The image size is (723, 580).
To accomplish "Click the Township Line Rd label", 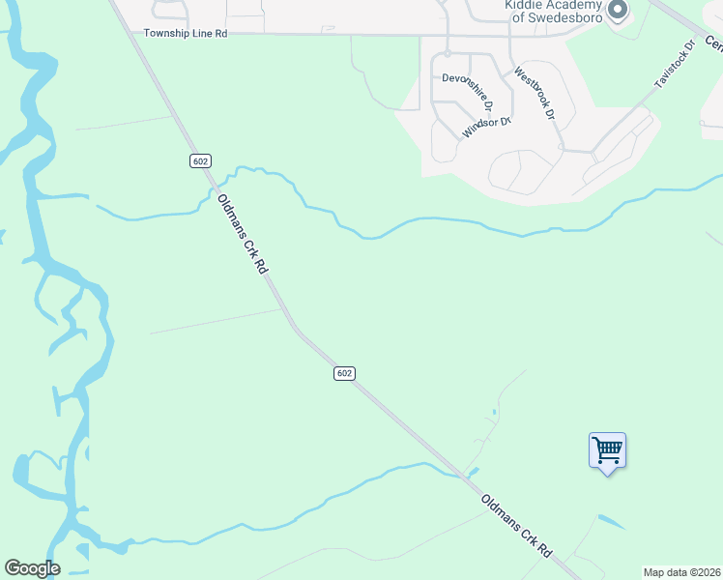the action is pos(186,33).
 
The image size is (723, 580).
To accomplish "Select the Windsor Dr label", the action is pos(485,126).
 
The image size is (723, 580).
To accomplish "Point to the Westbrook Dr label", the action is pos(535,93).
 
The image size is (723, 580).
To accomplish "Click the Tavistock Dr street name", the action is pos(675,65).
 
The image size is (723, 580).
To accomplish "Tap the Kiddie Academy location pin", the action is pos(619,11).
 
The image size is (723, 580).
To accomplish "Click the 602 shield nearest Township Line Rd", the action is pos(200,161).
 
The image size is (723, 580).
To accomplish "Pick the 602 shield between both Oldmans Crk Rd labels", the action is pos(345,373).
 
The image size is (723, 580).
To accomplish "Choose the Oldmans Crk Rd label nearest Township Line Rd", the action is pos(241,235).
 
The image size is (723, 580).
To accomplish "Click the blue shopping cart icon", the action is pos(607,449).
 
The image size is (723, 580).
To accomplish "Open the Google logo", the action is pos(32,568).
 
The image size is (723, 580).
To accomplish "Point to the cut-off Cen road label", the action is pos(713,43).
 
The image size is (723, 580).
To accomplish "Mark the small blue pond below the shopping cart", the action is pos(611,522).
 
